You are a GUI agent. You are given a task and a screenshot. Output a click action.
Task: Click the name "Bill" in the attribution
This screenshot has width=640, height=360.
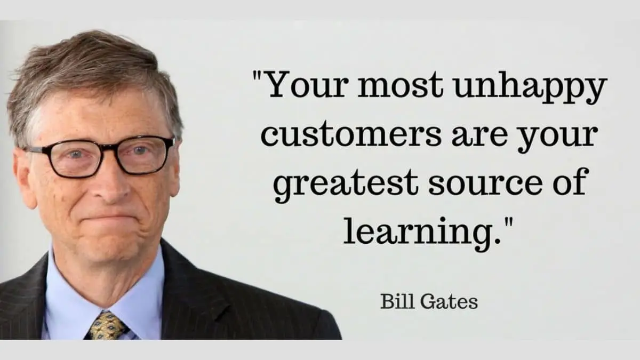click(x=394, y=302)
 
